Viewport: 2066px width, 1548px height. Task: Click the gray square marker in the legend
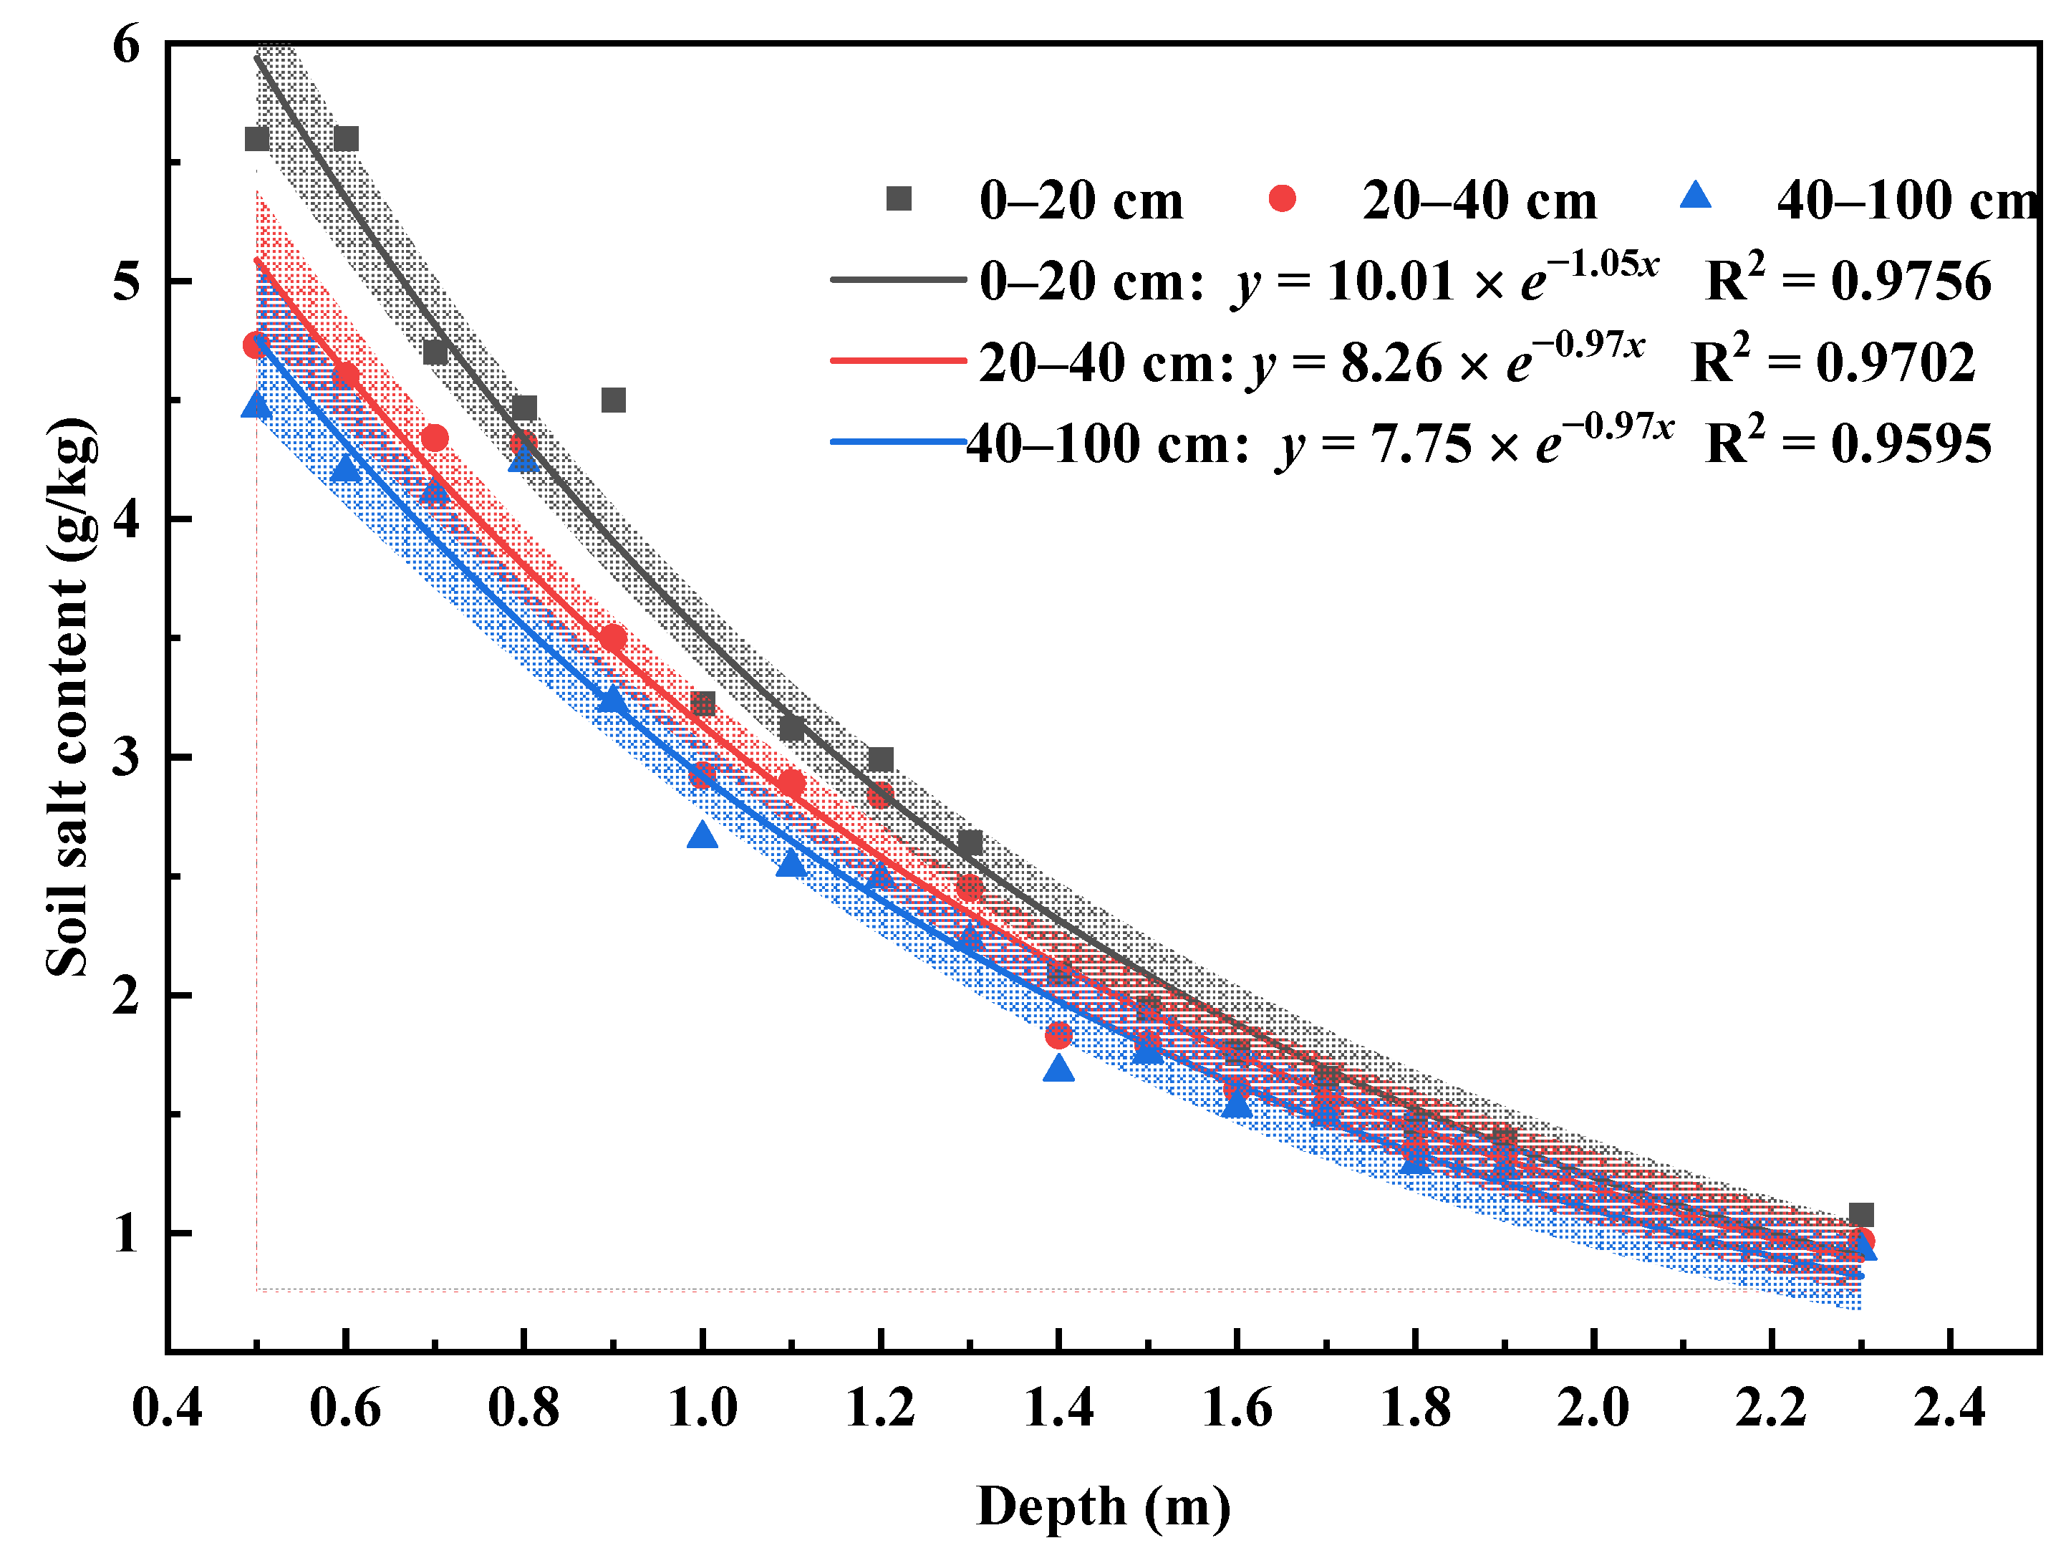(899, 198)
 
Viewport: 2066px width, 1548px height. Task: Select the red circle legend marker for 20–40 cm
(1283, 198)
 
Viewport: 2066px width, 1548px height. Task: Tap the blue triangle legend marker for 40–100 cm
(1695, 196)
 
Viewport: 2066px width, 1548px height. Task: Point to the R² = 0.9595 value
(1848, 443)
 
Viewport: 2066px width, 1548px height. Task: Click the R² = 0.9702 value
(1833, 362)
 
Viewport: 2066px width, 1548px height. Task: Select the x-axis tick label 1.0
(703, 1408)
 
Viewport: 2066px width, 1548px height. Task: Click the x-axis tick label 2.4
(1949, 1408)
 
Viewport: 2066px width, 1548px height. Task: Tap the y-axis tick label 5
(126, 280)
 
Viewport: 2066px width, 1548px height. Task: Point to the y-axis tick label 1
(126, 1233)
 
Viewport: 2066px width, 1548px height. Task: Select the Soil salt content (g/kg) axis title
(70, 696)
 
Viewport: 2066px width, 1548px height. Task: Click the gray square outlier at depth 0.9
(613, 400)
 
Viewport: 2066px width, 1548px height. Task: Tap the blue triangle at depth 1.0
(703, 835)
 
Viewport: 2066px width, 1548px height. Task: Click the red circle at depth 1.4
(1058, 1034)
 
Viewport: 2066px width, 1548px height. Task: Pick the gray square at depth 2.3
(1860, 1214)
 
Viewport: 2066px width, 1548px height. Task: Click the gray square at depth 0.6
(346, 138)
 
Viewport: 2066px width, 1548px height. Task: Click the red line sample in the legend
(897, 360)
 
